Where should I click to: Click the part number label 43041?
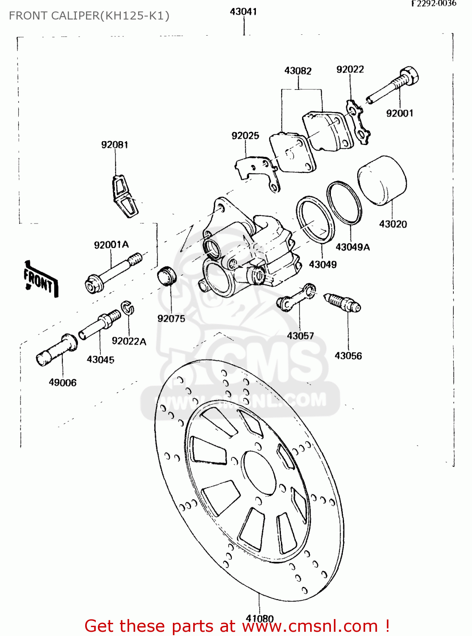pos(243,11)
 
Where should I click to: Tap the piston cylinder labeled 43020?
pos(382,180)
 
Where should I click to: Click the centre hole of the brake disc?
pos(260,472)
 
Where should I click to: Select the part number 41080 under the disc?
pos(260,618)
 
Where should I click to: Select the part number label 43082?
pos(297,70)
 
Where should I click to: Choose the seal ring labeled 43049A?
pos(344,202)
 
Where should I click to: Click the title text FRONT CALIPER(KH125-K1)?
pos(89,16)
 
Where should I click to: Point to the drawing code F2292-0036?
pos(433,3)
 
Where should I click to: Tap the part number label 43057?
pos(300,335)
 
